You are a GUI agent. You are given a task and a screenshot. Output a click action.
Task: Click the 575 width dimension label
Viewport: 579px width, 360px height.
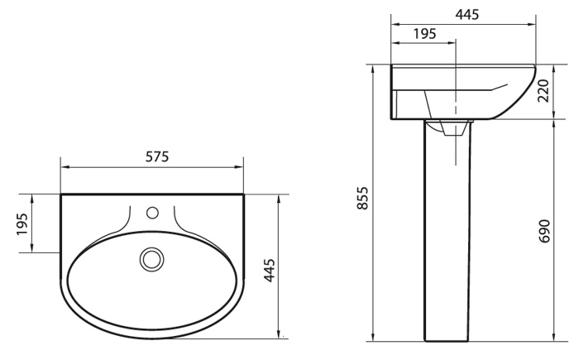(x=157, y=156)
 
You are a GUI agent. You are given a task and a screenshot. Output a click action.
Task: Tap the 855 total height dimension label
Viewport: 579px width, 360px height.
(x=363, y=198)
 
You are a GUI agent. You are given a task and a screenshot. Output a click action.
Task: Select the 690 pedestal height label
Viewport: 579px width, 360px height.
(x=544, y=231)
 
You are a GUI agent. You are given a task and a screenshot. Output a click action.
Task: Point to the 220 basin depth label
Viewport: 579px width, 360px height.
(x=543, y=90)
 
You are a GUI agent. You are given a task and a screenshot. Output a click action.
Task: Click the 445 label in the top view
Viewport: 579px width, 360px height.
(x=270, y=270)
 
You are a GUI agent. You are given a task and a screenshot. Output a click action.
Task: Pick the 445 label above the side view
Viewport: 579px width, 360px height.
(x=467, y=14)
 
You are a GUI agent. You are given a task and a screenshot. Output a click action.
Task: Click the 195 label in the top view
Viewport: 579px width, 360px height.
(x=22, y=224)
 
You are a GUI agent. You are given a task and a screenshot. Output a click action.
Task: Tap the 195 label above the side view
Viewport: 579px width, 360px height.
(x=424, y=34)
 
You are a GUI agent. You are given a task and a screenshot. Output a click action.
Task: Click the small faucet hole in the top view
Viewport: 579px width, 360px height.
(x=152, y=213)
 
